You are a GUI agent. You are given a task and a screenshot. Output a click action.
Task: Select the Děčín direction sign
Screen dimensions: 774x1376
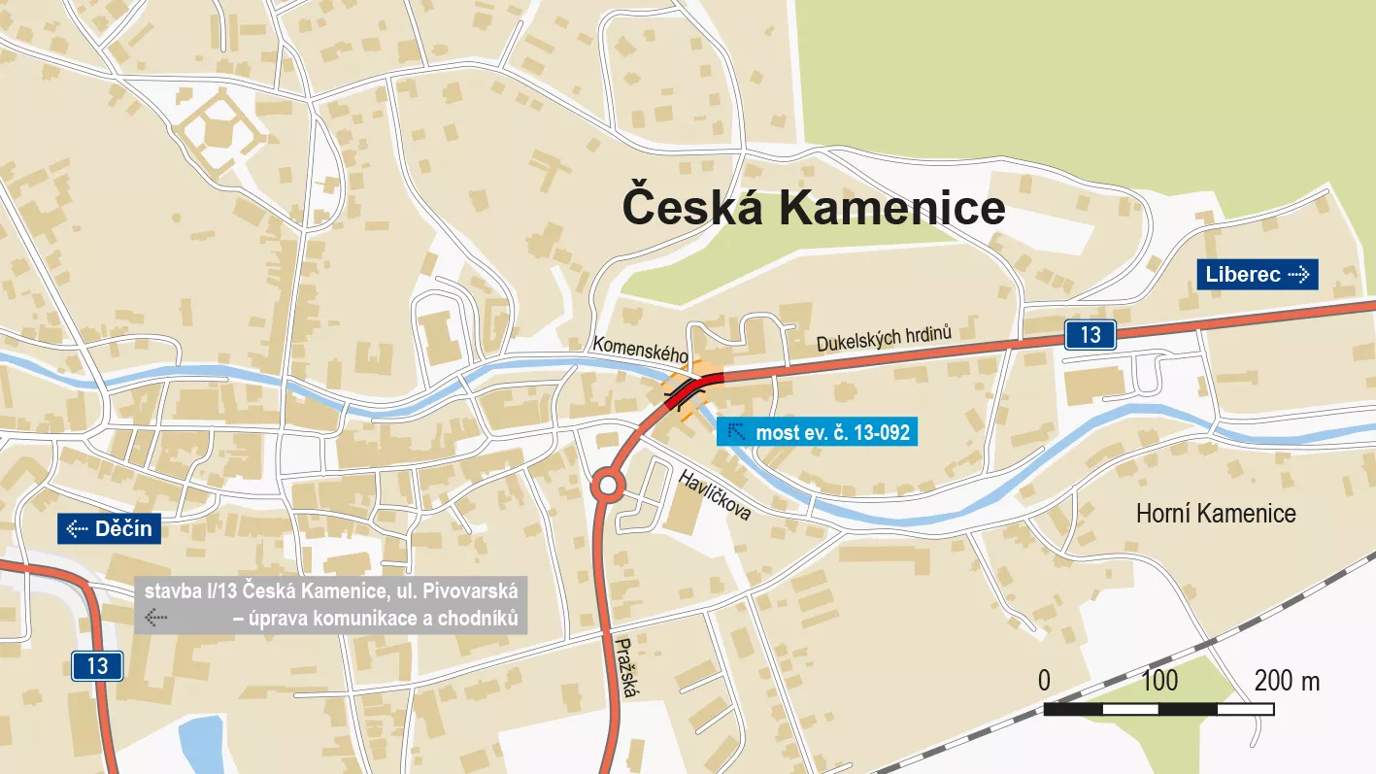point(110,529)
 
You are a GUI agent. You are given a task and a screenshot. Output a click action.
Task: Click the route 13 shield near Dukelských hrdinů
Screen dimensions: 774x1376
point(1090,335)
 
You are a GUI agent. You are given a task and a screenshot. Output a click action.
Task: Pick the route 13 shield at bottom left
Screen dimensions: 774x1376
point(97,665)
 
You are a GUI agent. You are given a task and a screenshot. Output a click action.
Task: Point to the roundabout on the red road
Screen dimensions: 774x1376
point(608,485)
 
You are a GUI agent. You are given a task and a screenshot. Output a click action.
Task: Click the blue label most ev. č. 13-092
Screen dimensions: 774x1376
point(818,432)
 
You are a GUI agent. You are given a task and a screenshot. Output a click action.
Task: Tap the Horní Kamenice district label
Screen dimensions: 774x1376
point(1215,514)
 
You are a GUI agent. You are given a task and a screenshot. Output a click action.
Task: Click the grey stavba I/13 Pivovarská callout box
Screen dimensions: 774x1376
point(330,604)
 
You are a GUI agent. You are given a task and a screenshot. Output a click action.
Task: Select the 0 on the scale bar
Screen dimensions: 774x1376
point(1044,681)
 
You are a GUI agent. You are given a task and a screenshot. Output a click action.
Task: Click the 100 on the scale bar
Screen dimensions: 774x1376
point(1158,681)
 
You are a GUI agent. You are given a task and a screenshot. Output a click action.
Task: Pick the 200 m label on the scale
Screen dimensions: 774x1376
point(1286,681)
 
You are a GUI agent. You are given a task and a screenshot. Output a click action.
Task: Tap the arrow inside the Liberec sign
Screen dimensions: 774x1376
point(1298,275)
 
